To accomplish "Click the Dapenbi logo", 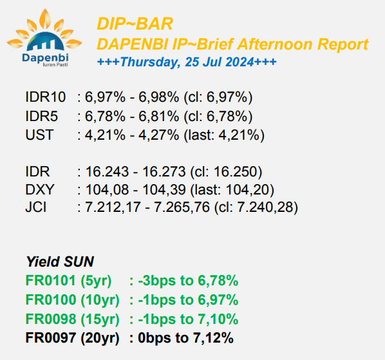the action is [x=44, y=37].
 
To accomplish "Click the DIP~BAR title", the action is [x=135, y=24].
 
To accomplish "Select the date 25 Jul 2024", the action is [x=219, y=62].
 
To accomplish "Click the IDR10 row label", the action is [x=46, y=97].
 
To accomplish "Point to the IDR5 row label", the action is [x=41, y=116].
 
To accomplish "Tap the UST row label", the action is [x=39, y=135].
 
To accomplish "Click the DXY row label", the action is [x=39, y=189].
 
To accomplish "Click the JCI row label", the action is [x=36, y=207].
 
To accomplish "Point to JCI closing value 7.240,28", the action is [x=265, y=207].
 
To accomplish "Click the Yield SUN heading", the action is [x=60, y=261].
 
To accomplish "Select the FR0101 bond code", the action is [x=50, y=280].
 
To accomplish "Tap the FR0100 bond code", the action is [x=51, y=299].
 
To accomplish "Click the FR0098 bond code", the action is [x=51, y=319].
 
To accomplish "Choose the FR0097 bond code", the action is [x=50, y=337].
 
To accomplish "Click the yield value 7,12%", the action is [x=213, y=337].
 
